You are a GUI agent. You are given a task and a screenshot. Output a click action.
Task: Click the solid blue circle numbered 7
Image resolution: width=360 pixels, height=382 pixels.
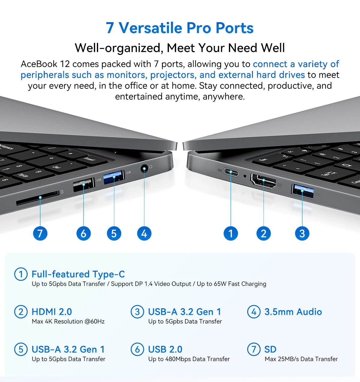coord(40,233)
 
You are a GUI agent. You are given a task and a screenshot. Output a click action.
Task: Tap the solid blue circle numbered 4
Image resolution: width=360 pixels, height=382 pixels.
coord(144,233)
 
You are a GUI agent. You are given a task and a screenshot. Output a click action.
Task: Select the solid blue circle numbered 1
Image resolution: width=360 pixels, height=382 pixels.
coord(231,233)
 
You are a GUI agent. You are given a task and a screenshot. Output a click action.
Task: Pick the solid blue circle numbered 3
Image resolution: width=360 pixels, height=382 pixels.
coord(302,233)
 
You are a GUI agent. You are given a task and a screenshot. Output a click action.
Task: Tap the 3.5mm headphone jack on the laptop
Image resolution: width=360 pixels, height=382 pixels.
coord(144,169)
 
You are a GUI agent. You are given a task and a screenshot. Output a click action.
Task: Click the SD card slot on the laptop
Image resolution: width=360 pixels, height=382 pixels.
coord(38,199)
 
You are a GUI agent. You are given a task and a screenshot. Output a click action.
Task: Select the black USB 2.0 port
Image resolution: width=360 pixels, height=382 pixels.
coord(84,185)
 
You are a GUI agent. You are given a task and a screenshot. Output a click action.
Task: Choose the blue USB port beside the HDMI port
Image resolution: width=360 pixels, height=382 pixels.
coord(302,191)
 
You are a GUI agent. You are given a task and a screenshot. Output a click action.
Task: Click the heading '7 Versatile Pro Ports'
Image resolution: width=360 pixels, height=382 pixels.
coord(180,28)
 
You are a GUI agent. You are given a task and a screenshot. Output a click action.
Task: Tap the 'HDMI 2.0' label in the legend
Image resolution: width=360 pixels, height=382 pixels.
coord(52,312)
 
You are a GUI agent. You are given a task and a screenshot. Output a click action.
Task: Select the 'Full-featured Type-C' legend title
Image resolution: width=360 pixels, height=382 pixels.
coord(78,274)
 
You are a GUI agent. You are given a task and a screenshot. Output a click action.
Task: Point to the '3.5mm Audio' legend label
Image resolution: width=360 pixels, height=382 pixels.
coord(293,312)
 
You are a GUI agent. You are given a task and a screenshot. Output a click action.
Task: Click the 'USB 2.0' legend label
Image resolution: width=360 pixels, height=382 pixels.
coord(165,349)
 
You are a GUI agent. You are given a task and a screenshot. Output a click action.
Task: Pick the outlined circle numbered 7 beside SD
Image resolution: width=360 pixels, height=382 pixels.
coord(254,349)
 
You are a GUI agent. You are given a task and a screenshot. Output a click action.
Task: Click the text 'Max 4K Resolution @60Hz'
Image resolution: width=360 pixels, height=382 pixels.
coord(68,321)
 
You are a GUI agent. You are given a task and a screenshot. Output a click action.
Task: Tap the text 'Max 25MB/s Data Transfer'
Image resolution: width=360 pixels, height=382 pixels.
coord(301,359)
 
